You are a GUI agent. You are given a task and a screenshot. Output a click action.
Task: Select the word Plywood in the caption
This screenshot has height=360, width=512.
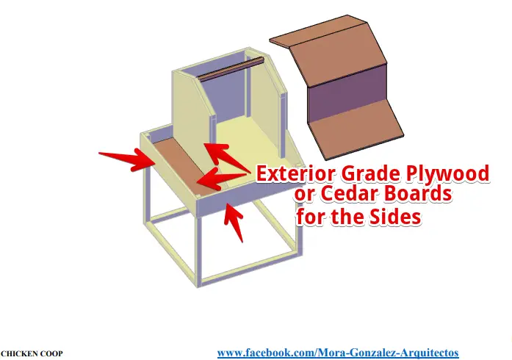[x=448, y=174]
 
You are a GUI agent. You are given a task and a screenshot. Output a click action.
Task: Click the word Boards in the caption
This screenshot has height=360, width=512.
[x=418, y=193]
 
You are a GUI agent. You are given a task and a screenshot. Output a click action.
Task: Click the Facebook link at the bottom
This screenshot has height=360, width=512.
[x=338, y=353]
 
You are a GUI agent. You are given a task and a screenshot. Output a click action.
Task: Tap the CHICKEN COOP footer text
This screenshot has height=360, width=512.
[x=32, y=353]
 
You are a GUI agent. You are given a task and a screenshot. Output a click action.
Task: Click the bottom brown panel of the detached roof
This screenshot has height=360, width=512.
[x=356, y=129]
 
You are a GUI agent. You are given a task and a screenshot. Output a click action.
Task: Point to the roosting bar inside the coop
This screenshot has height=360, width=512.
[x=231, y=69]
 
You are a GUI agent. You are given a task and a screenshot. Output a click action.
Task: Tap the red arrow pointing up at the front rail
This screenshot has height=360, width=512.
[x=234, y=221]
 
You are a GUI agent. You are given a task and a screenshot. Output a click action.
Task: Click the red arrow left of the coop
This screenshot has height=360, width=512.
[x=126, y=159]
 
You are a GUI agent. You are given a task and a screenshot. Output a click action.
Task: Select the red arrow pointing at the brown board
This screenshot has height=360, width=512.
[x=222, y=179]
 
